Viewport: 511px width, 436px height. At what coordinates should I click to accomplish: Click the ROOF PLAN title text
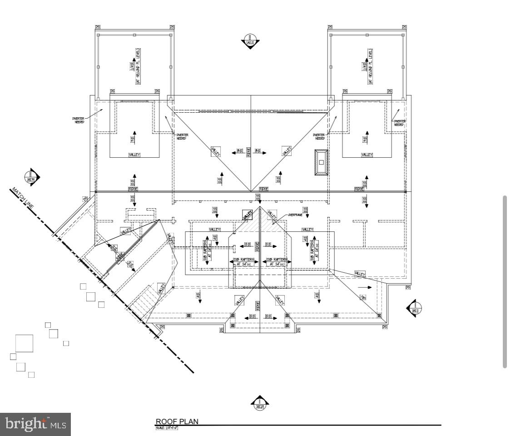click(x=177, y=421)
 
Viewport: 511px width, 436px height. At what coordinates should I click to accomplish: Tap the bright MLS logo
click(x=35, y=424)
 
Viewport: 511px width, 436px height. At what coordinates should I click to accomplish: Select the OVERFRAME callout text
click(x=295, y=215)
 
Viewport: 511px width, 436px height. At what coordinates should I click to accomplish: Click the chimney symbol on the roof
click(x=321, y=162)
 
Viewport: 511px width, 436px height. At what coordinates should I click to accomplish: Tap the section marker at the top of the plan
click(x=250, y=41)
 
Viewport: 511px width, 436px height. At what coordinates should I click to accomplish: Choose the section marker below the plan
click(x=260, y=403)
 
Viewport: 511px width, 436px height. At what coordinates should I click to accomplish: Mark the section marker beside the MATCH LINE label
click(x=32, y=177)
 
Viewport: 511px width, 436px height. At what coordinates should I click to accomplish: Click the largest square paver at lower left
click(x=24, y=343)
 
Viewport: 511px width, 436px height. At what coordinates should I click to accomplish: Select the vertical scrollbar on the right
click(x=504, y=282)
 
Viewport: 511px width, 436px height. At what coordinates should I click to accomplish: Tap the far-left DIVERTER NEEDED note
click(x=79, y=120)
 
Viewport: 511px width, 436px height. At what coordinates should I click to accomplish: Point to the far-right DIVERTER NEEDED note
click(x=399, y=122)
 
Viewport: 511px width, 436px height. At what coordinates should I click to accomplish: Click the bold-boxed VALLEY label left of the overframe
click(x=247, y=214)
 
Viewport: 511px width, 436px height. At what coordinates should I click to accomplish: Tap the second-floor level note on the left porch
click(x=135, y=66)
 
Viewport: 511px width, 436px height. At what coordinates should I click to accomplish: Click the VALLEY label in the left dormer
click(x=134, y=155)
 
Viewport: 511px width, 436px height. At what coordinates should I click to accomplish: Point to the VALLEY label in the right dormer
click(x=367, y=155)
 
